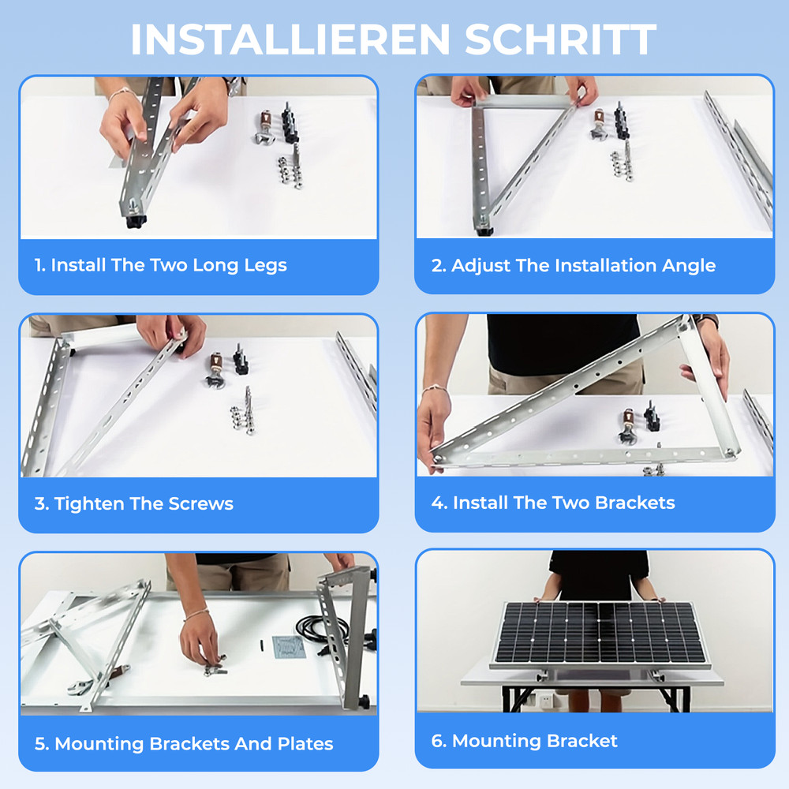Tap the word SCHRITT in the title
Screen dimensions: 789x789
tap(561, 39)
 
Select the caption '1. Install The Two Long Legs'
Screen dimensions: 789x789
tap(160, 265)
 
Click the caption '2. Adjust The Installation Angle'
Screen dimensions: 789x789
tap(573, 265)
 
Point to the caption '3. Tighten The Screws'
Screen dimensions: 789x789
tap(134, 504)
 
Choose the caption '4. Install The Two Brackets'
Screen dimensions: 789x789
tap(552, 503)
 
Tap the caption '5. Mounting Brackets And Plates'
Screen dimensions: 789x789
tap(184, 744)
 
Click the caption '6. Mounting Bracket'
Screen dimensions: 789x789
tap(524, 741)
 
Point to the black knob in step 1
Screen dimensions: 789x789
tap(133, 222)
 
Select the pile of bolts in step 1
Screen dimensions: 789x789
tap(290, 170)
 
